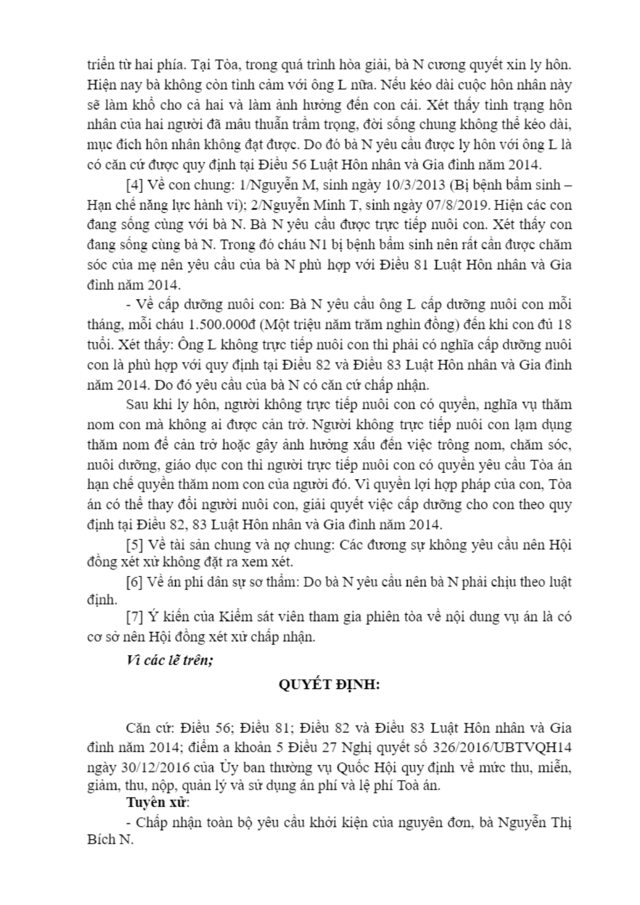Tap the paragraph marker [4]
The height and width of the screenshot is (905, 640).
pyautogui.click(x=134, y=185)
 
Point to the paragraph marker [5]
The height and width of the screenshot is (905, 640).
pyautogui.click(x=134, y=544)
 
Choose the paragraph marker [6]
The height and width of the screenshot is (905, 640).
pyautogui.click(x=134, y=581)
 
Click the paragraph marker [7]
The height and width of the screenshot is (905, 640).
pyautogui.click(x=134, y=616)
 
